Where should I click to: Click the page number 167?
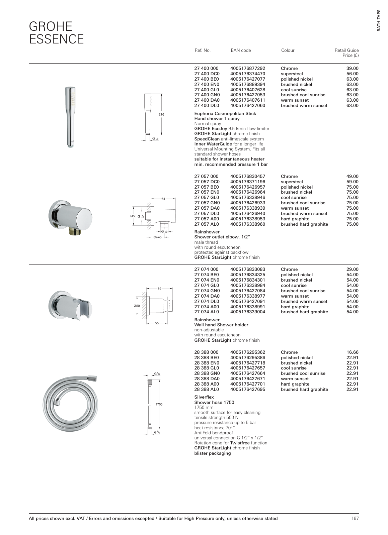(355, 518)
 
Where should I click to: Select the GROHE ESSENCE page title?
(56, 32)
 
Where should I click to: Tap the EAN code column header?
(241, 50)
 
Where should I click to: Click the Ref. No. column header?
(202, 50)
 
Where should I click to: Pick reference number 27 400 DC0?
(207, 74)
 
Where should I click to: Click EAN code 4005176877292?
(248, 69)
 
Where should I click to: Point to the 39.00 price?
(352, 69)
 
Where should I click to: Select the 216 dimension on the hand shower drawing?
(161, 114)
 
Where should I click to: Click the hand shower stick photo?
(70, 117)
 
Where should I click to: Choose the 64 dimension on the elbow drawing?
(163, 199)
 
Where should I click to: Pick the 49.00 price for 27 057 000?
(352, 177)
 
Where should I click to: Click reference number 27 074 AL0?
(207, 312)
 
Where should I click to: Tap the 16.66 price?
(352, 352)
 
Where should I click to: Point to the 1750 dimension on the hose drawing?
(159, 404)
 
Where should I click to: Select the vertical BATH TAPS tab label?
(379, 20)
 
